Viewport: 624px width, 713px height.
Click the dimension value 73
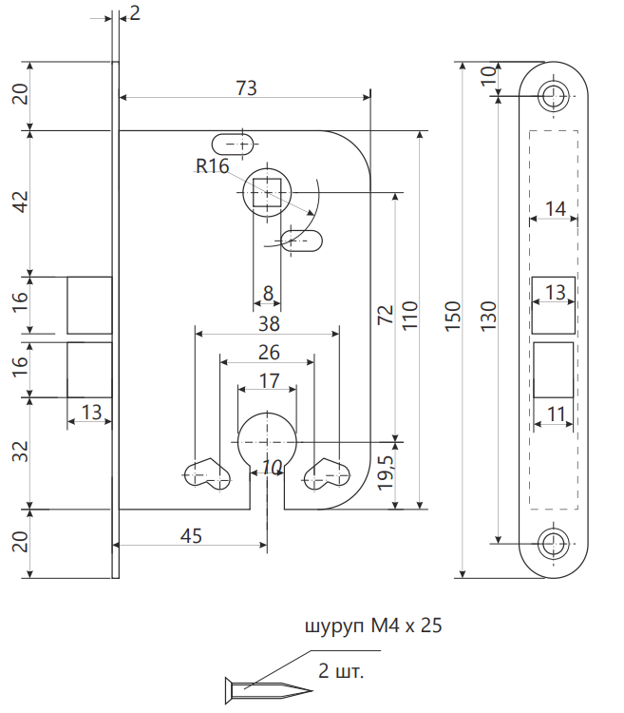coord(246,87)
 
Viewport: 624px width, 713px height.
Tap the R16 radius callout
coord(213,167)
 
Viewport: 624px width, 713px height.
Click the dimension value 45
coord(191,536)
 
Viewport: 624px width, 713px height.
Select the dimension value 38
coord(268,323)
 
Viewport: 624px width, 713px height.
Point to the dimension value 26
coord(268,353)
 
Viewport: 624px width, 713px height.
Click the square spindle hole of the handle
coord(268,193)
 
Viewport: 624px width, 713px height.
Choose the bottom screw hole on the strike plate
coord(553,544)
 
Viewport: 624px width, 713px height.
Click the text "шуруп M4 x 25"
coord(373,627)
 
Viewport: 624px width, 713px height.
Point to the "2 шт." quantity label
coord(342,671)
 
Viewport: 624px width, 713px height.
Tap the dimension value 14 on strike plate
coord(555,208)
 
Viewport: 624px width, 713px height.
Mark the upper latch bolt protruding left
coord(89,305)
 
